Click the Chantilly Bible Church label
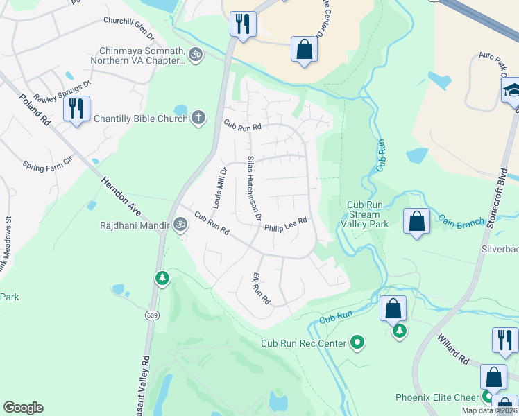point(141,119)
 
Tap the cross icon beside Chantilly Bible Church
point(199,118)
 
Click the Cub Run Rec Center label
point(303,343)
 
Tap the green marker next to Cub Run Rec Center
point(357,342)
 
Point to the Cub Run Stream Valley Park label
point(365,214)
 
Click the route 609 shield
point(151,315)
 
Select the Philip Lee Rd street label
point(285,223)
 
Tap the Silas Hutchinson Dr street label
point(254,188)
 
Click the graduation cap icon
point(512,91)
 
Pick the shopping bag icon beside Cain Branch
point(416,222)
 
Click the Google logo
point(23,408)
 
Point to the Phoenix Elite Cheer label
point(438,397)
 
